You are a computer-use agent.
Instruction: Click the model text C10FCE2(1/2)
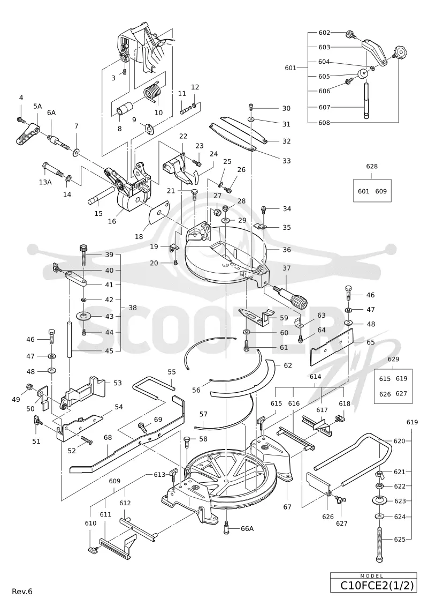(x=377, y=586)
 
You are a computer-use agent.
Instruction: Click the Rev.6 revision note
(x=22, y=592)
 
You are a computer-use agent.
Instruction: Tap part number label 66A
(x=247, y=528)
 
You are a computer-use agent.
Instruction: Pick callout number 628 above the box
(x=372, y=167)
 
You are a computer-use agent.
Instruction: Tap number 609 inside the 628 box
(x=381, y=191)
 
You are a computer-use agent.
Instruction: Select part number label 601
(x=291, y=68)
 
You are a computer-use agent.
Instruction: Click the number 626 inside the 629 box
(x=385, y=394)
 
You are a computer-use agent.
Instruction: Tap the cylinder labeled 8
(x=124, y=108)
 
